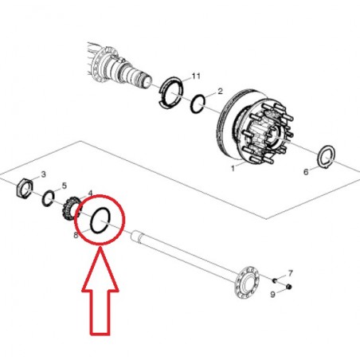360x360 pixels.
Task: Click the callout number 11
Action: click(x=196, y=76)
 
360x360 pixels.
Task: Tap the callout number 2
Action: click(x=220, y=92)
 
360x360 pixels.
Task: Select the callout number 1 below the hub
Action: click(x=233, y=168)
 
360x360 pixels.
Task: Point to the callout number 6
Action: click(x=306, y=172)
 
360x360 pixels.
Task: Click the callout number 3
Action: click(x=44, y=174)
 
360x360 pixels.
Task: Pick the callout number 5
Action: click(x=65, y=186)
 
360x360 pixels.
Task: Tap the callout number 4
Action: click(x=90, y=193)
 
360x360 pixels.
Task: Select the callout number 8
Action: click(x=76, y=235)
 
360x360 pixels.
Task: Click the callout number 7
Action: click(x=290, y=273)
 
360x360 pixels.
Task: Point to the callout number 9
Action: click(x=273, y=295)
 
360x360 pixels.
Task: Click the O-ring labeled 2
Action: click(x=191, y=104)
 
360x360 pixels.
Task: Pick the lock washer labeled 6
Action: click(x=319, y=157)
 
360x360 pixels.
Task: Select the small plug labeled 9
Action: click(x=289, y=287)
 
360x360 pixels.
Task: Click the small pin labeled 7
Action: click(x=275, y=280)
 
